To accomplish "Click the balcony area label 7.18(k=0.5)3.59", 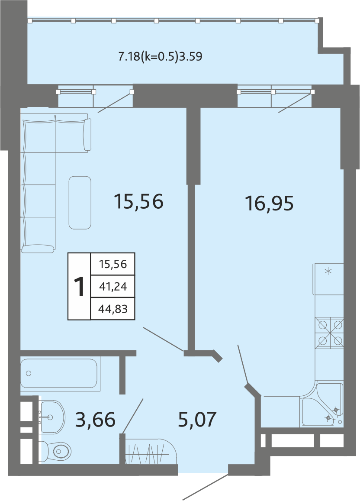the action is (160, 57).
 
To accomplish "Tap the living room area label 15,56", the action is (139, 202).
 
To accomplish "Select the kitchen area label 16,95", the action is (269, 204).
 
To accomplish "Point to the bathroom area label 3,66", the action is (95, 420).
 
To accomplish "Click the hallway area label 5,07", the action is (197, 420).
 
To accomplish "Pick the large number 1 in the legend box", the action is (79, 287).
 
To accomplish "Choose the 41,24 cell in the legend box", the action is (113, 287).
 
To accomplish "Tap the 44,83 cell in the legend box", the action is (113, 309).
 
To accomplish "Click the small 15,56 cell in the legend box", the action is (113, 264).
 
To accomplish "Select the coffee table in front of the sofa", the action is (80, 203).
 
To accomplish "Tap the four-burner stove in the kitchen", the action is (329, 333).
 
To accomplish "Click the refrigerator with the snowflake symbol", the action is (328, 279).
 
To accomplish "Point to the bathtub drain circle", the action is (29, 373).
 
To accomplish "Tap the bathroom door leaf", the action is (133, 416).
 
